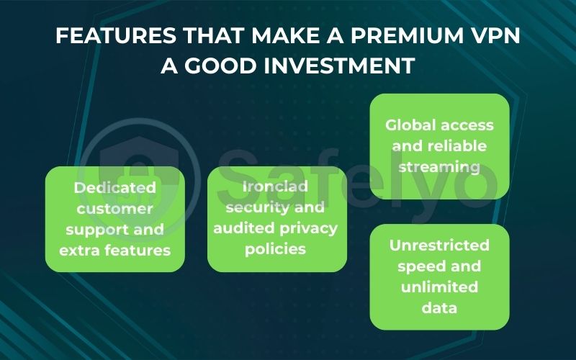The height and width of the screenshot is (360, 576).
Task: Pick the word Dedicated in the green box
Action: point(115,188)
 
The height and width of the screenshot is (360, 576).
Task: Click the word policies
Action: point(277,249)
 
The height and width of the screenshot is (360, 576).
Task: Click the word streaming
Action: point(439,167)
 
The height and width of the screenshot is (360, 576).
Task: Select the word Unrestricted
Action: point(439,246)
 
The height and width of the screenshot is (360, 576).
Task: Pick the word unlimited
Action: point(439,287)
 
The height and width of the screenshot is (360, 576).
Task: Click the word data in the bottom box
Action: point(439,308)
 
